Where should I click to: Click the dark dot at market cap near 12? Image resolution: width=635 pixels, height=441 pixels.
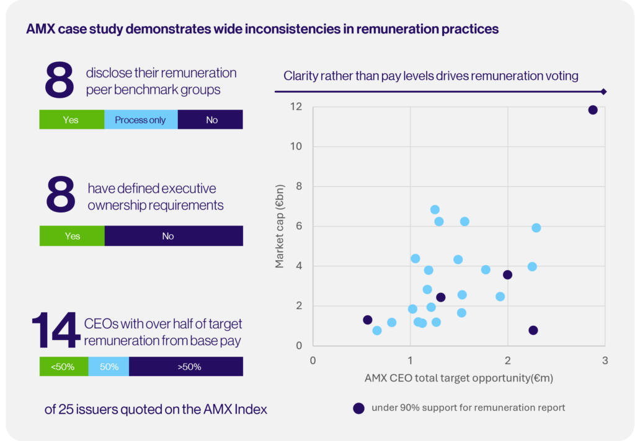pos(593,110)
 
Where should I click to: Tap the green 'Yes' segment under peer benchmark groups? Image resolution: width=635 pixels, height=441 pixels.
pos(71,120)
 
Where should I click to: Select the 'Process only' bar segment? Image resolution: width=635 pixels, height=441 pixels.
pos(141,120)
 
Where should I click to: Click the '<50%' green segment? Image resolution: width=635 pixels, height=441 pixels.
pos(64,367)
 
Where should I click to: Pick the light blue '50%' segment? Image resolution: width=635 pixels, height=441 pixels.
pos(109,367)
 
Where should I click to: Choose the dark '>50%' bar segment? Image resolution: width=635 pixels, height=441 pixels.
pos(186,367)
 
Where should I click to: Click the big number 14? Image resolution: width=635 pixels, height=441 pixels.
pos(56,331)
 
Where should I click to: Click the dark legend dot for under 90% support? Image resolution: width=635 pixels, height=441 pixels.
pos(358,408)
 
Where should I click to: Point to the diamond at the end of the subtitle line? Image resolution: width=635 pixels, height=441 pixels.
pos(603,92)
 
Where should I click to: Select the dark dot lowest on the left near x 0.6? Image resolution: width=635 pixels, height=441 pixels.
pos(368,320)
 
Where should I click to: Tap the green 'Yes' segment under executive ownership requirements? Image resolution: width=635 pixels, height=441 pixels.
pos(72,236)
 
